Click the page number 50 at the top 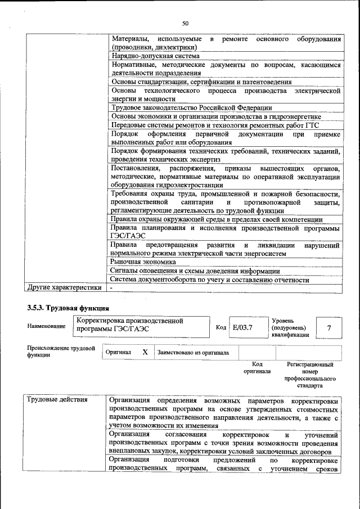[x=185, y=23]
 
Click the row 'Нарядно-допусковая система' [x=155, y=56]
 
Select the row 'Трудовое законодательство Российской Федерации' [x=192, y=107]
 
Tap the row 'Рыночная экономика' [x=143, y=262]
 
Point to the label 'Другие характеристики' [x=65, y=288]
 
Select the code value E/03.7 [x=243, y=327]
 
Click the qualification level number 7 [x=329, y=327]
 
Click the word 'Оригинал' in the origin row [x=119, y=353]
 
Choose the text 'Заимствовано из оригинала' [x=193, y=353]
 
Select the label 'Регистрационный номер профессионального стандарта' [x=310, y=375]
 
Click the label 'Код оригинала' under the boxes [x=257, y=368]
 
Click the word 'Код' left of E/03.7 [x=221, y=327]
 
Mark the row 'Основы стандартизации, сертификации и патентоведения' [x=201, y=82]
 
